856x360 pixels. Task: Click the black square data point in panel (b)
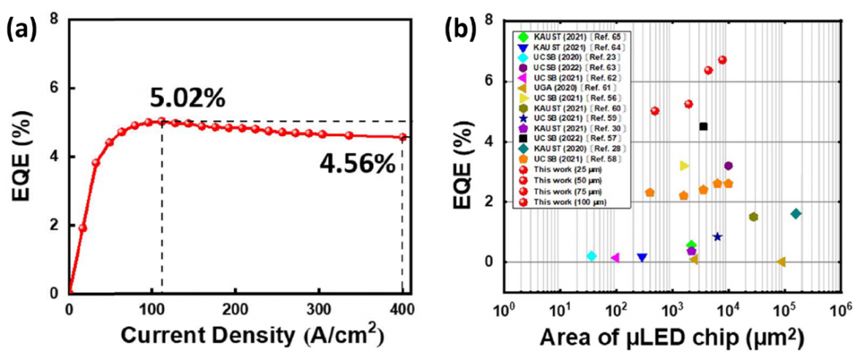pyautogui.click(x=703, y=126)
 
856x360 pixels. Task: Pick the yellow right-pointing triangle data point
pyautogui.click(x=684, y=165)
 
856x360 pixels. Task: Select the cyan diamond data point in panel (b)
pyautogui.click(x=591, y=255)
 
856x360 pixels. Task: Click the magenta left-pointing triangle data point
pyautogui.click(x=615, y=258)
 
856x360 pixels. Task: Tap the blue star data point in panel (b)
pyautogui.click(x=718, y=236)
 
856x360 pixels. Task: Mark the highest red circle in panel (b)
pyautogui.click(x=722, y=60)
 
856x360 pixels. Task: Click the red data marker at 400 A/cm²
pyautogui.click(x=402, y=137)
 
